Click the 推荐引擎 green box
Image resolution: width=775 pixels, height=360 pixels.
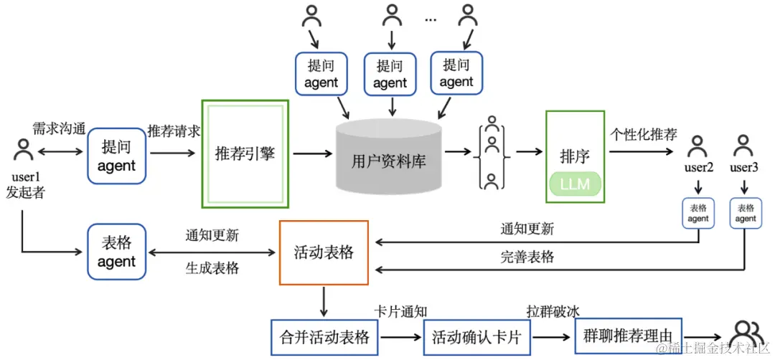click(245, 153)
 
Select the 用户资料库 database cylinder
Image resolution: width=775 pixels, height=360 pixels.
click(389, 158)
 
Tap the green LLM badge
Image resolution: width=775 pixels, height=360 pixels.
click(574, 184)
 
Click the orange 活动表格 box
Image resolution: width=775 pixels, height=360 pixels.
click(323, 252)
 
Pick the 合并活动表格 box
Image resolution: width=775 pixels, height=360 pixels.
click(324, 336)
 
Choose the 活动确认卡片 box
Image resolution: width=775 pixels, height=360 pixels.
click(476, 336)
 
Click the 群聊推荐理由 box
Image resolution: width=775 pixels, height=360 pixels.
click(628, 336)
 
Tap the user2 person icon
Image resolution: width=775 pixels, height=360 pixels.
click(697, 148)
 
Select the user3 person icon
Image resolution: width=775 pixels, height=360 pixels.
click(743, 148)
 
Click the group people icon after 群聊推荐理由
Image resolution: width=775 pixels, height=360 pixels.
click(746, 335)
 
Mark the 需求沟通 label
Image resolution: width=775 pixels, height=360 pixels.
click(59, 129)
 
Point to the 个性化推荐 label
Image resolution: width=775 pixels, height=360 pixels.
click(643, 133)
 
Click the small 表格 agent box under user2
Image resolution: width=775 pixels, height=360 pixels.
click(697, 213)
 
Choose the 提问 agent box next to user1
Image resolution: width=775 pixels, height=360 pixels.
click(116, 156)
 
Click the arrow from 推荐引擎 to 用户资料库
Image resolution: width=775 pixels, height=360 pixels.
click(311, 153)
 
